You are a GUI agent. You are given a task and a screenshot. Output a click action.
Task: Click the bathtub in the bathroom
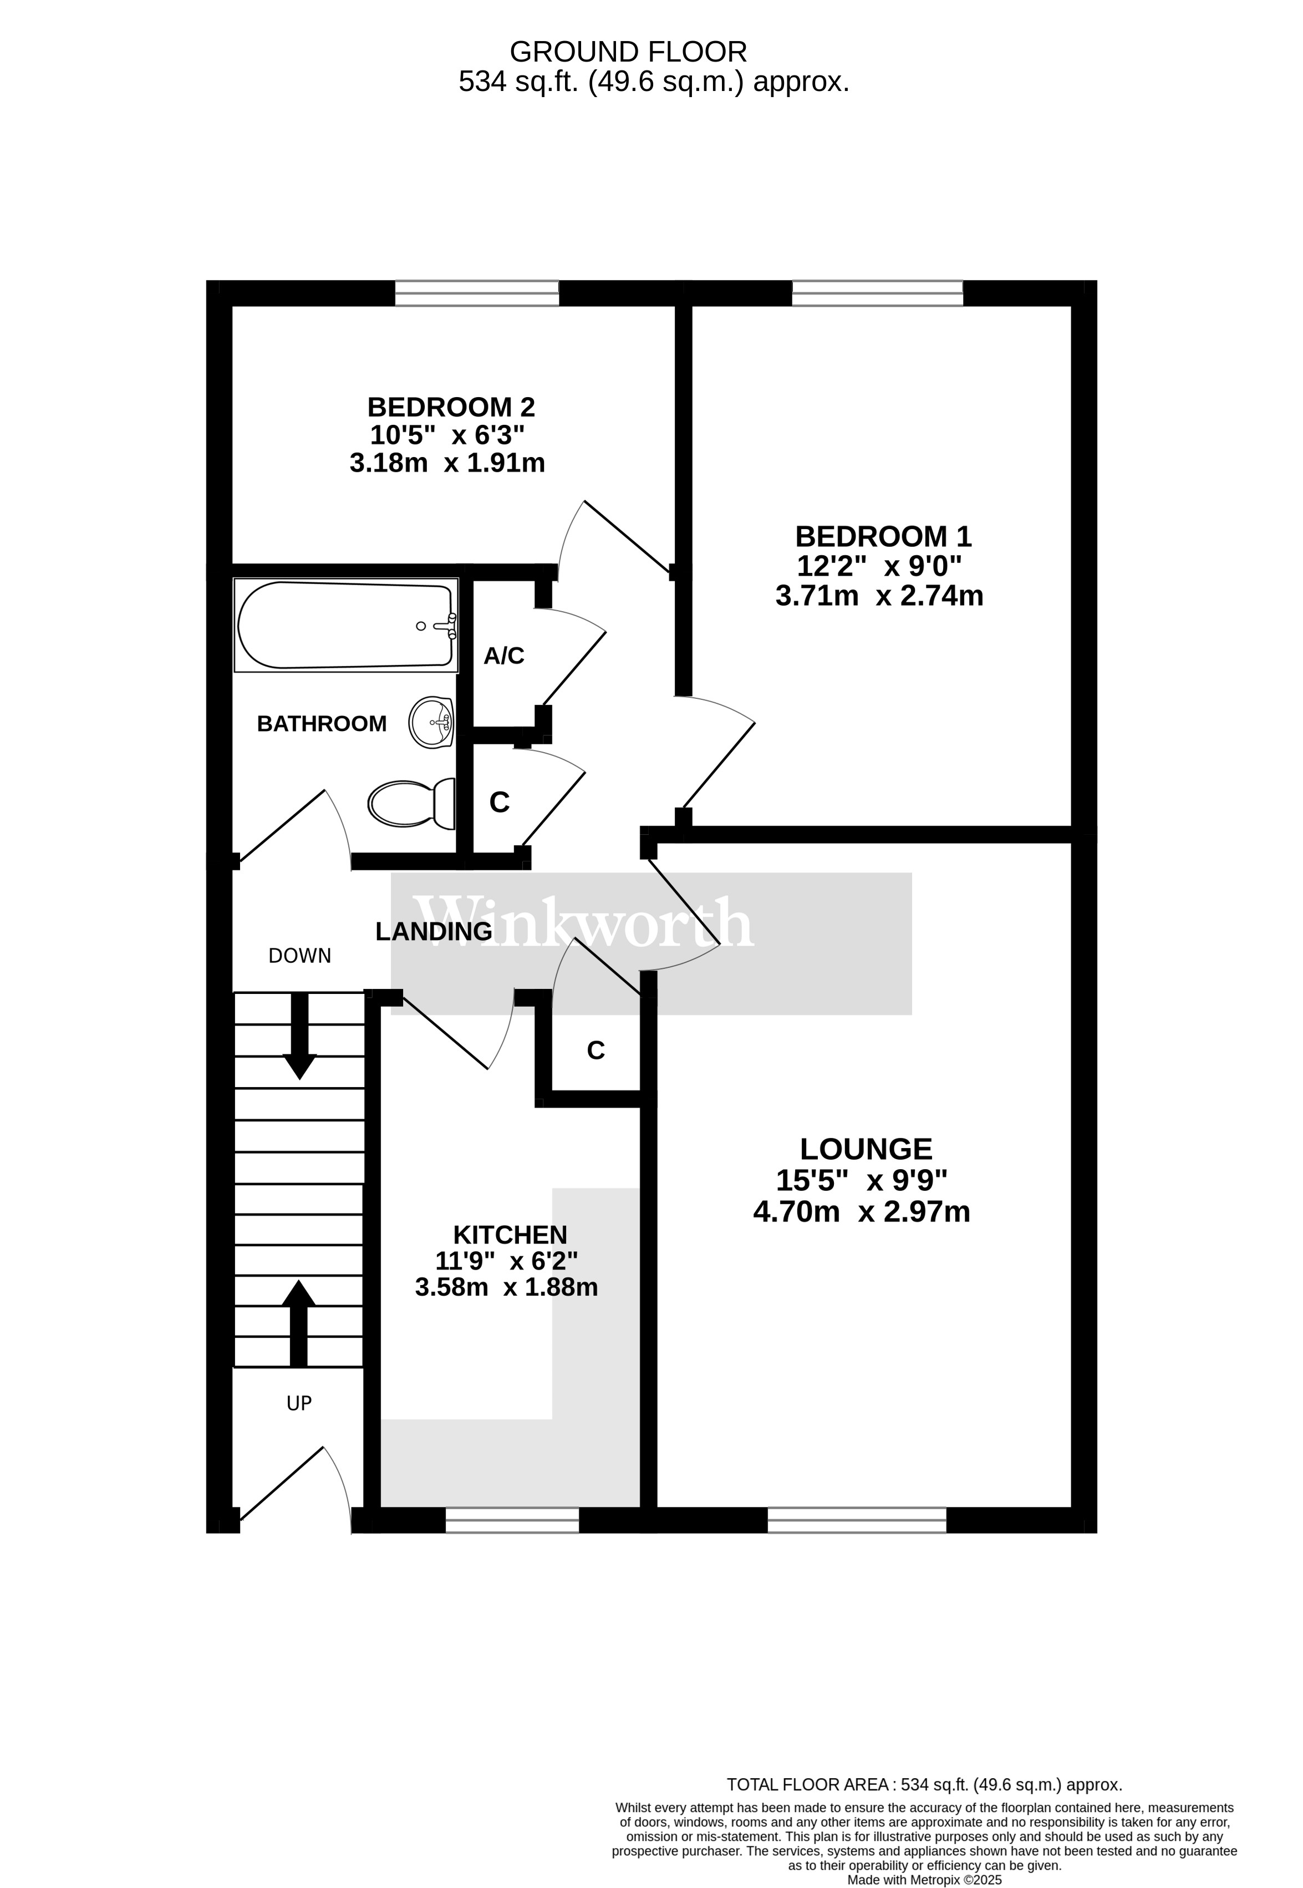tap(346, 626)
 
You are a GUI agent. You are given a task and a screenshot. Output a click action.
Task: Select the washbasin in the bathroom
tap(431, 722)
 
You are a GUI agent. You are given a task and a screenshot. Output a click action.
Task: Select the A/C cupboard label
tap(503, 656)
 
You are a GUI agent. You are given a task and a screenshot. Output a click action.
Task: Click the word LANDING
tap(434, 931)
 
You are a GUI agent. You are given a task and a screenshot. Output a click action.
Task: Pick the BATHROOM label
tap(322, 723)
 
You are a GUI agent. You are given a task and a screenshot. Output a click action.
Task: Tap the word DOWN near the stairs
tap(299, 956)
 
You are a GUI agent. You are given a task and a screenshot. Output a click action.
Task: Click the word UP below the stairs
tap(299, 1403)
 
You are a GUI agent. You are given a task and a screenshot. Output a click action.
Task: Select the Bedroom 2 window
tap(477, 293)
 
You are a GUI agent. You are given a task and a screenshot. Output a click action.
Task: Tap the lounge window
tap(857, 1520)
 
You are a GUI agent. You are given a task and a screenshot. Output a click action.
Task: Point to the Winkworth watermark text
tap(583, 922)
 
